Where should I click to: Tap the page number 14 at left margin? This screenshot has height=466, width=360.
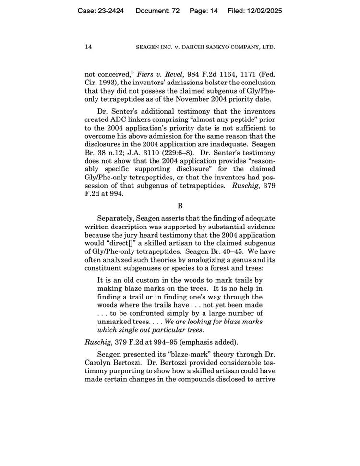tap(88, 47)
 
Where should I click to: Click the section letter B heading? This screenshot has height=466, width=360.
tap(180, 206)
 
